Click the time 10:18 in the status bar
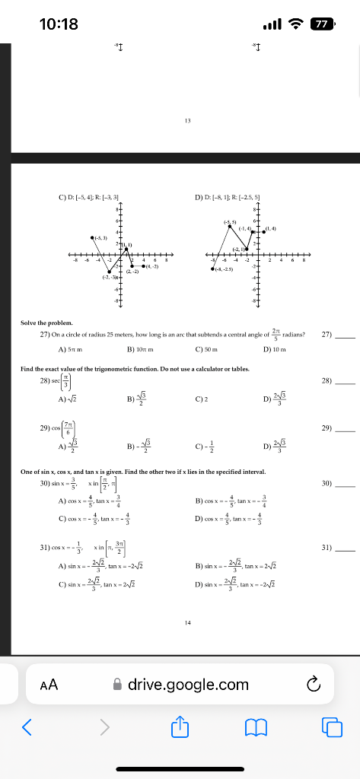[59, 24]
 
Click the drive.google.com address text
[188, 685]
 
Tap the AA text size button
[49, 685]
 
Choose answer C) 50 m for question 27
[207, 349]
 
